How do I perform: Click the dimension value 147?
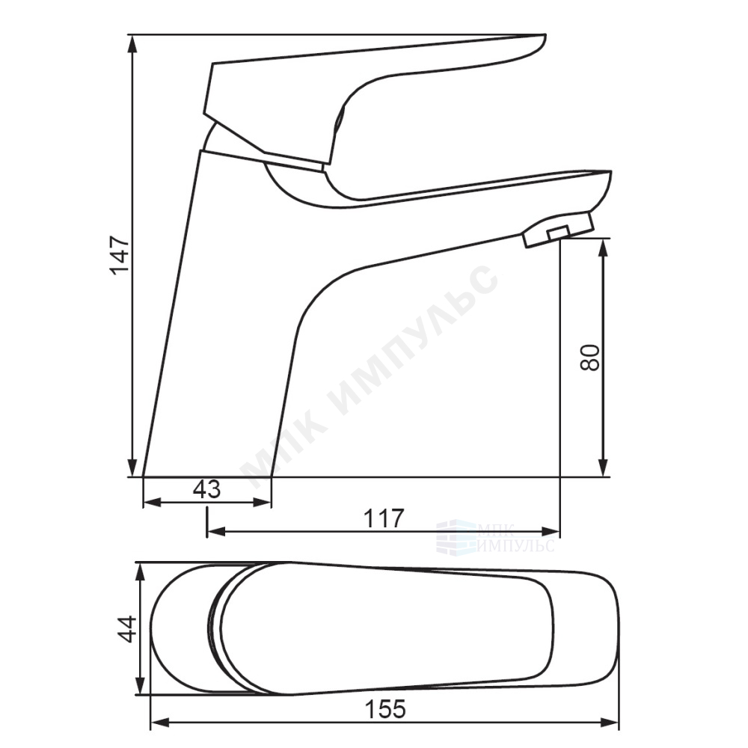119,255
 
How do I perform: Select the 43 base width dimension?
207,489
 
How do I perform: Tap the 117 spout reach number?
384,518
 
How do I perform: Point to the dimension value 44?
127,629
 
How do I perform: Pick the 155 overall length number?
385,709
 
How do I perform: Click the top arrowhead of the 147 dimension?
132,44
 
